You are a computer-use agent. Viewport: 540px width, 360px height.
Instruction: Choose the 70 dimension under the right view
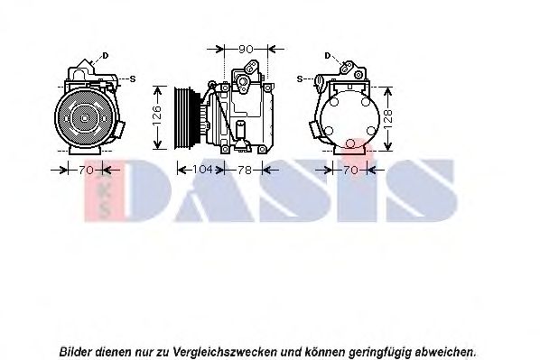click(x=351, y=169)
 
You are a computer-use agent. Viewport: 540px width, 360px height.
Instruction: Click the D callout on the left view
click(x=105, y=55)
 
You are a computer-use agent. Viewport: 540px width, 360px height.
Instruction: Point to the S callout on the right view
click(x=299, y=79)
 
